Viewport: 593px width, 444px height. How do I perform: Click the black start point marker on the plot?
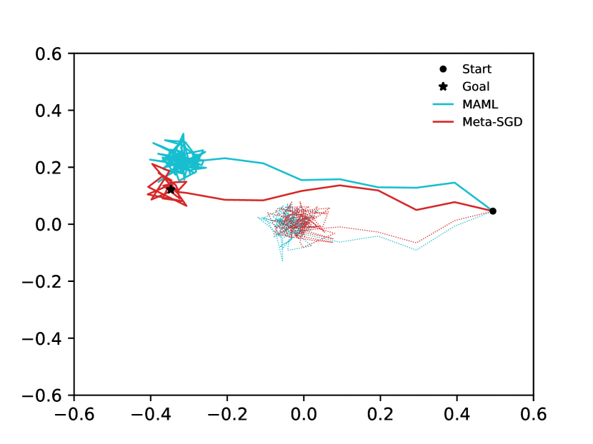(x=493, y=211)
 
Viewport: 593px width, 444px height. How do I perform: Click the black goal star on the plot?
(x=171, y=189)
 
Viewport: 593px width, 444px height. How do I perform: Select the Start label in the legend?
(x=477, y=69)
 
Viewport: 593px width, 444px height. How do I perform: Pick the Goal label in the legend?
(x=476, y=87)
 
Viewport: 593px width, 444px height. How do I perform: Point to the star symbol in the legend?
(x=443, y=87)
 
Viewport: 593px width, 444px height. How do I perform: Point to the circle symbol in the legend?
(x=443, y=69)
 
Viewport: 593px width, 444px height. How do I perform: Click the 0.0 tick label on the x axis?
(x=304, y=414)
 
